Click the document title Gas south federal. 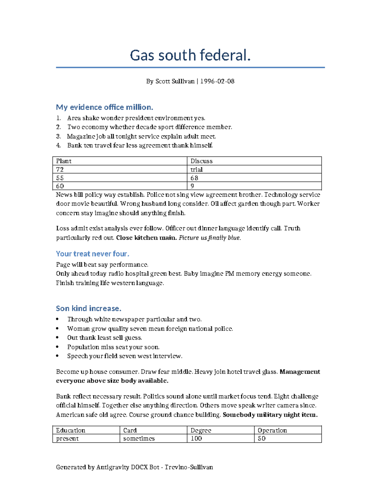190,55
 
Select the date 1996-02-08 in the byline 217,81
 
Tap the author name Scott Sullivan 175,81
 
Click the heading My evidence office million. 104,107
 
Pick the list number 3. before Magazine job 58,137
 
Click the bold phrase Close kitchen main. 146,238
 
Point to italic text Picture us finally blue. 210,238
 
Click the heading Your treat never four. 92,254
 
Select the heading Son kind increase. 89,309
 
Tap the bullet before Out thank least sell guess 57,338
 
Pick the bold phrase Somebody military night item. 270,415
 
